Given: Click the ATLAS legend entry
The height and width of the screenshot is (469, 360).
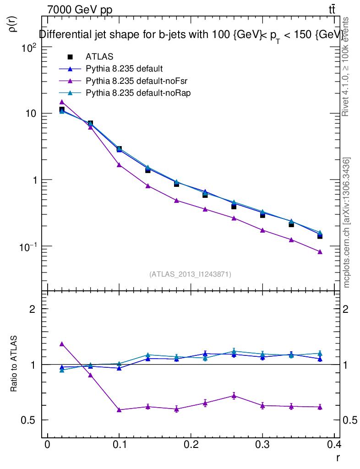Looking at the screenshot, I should pyautogui.click(x=99, y=57).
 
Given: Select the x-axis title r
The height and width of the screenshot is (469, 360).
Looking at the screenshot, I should pyautogui.click(x=338, y=458).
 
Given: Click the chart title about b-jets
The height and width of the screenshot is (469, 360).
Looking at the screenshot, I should pyautogui.click(x=191, y=35).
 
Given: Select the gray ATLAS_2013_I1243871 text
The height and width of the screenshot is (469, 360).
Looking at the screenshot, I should pyautogui.click(x=190, y=274).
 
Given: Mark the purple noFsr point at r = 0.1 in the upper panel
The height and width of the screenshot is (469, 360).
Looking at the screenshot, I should pyautogui.click(x=119, y=165).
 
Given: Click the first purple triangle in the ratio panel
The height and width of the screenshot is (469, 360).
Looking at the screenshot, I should pyautogui.click(x=62, y=344).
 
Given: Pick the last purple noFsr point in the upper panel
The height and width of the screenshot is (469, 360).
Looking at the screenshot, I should pyautogui.click(x=320, y=251).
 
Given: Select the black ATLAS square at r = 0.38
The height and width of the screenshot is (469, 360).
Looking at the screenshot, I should pyautogui.click(x=320, y=236).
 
